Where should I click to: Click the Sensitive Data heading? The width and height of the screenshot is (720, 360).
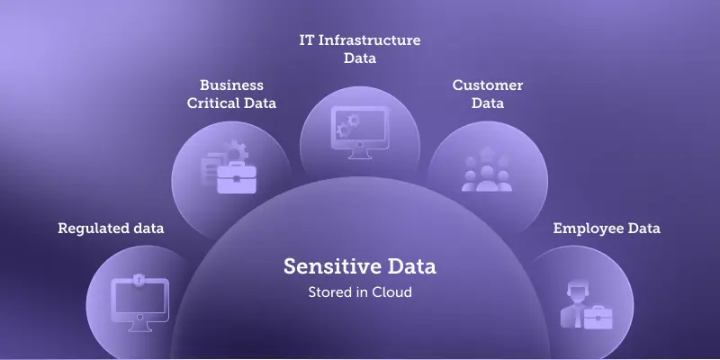[360, 266]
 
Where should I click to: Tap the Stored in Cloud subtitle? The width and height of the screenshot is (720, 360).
[360, 292]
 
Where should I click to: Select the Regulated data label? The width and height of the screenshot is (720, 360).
[111, 229]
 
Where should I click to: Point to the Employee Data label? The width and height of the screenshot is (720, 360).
[607, 229]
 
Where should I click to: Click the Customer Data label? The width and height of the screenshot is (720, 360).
[487, 94]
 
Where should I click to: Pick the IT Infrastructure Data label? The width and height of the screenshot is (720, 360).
[360, 49]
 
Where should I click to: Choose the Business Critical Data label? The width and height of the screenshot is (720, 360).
[231, 94]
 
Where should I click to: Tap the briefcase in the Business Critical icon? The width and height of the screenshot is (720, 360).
[237, 176]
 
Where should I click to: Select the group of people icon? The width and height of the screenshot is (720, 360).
[487, 171]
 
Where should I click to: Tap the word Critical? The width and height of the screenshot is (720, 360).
[213, 103]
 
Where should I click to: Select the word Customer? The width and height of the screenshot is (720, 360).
[487, 85]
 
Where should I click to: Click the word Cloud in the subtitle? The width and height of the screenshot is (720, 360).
[393, 292]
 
